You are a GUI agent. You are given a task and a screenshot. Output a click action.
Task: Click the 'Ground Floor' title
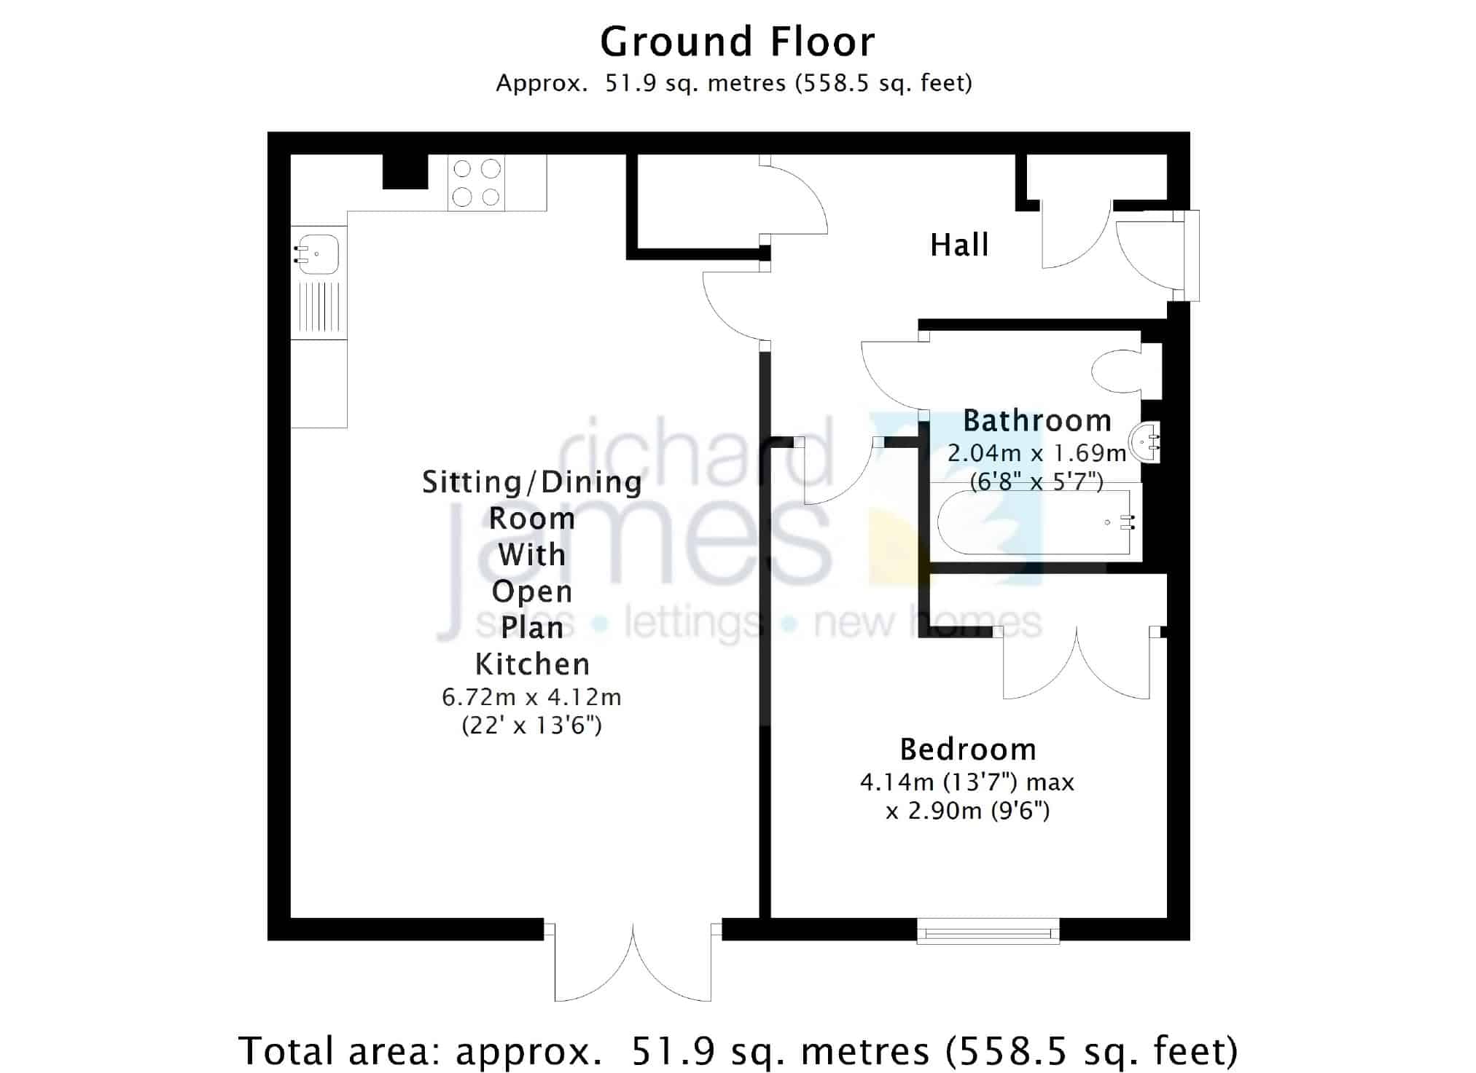pyautogui.click(x=737, y=42)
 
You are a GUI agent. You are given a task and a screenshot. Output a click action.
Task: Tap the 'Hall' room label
pyautogui.click(x=959, y=245)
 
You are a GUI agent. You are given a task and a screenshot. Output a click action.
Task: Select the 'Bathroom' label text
pyautogui.click(x=1037, y=421)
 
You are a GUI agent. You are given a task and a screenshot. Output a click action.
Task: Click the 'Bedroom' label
pyautogui.click(x=968, y=749)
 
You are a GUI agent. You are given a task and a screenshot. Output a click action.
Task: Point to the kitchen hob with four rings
pyautogui.click(x=477, y=183)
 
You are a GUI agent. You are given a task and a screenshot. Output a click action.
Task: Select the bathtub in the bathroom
pyautogui.click(x=1035, y=522)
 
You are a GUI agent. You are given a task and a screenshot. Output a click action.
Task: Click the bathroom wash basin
pyautogui.click(x=1144, y=441)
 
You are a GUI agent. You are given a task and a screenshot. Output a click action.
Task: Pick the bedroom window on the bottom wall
pyautogui.click(x=988, y=931)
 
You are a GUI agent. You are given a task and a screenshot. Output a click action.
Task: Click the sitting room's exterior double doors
pyautogui.click(x=633, y=962)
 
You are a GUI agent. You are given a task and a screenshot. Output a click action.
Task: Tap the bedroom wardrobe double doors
pyautogui.click(x=1077, y=663)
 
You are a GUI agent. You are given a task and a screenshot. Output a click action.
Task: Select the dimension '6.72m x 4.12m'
pyautogui.click(x=531, y=697)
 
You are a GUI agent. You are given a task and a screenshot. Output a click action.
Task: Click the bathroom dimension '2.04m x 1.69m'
pyautogui.click(x=1037, y=453)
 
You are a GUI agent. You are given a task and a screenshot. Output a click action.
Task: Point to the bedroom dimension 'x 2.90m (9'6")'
pyautogui.click(x=968, y=811)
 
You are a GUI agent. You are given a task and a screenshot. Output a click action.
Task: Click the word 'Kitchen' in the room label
pyautogui.click(x=532, y=664)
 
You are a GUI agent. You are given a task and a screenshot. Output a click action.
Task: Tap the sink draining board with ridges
pyautogui.click(x=319, y=307)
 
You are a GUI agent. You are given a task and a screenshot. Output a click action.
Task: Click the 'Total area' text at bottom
pyautogui.click(x=738, y=1050)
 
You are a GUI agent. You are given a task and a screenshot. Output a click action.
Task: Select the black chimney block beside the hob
pyautogui.click(x=405, y=172)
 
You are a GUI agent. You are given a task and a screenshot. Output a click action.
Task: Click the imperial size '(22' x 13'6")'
pyautogui.click(x=531, y=726)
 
